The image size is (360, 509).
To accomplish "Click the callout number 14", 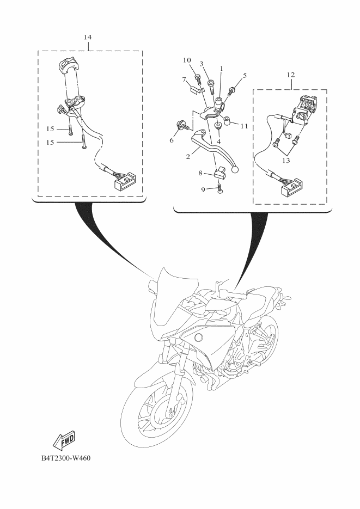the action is (87, 37).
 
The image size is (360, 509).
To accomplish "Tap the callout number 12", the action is (290, 75).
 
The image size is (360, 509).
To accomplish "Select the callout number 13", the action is (286, 161).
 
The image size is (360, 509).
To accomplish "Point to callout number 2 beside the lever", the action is (188, 157).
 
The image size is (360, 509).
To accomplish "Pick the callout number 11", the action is (244, 126).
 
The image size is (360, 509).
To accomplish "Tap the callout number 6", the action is (172, 140).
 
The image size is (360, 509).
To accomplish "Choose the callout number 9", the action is (203, 189).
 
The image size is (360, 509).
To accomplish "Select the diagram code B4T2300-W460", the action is (66, 458).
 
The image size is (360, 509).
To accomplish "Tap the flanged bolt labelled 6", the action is (181, 125).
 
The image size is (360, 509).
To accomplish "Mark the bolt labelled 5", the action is (232, 90).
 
